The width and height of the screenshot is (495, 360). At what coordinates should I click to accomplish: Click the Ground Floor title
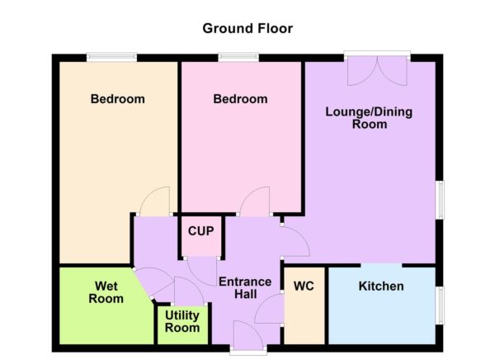click(247, 28)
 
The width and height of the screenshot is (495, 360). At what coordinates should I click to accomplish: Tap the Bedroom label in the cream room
click(117, 99)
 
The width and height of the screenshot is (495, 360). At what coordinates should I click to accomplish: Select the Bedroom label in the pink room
click(240, 99)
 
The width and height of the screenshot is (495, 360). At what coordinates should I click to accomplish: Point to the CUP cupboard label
click(201, 231)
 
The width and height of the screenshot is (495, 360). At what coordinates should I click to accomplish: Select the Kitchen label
click(381, 287)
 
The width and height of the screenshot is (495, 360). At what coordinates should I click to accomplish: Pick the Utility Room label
click(181, 321)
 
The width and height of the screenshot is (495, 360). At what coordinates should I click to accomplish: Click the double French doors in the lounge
click(377, 69)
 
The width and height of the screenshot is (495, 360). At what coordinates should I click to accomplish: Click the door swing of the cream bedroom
click(155, 201)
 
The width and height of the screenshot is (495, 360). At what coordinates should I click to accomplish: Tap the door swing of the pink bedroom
click(255, 201)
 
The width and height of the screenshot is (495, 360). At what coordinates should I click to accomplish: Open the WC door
click(270, 310)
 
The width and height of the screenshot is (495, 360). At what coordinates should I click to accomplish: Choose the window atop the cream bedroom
click(113, 57)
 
